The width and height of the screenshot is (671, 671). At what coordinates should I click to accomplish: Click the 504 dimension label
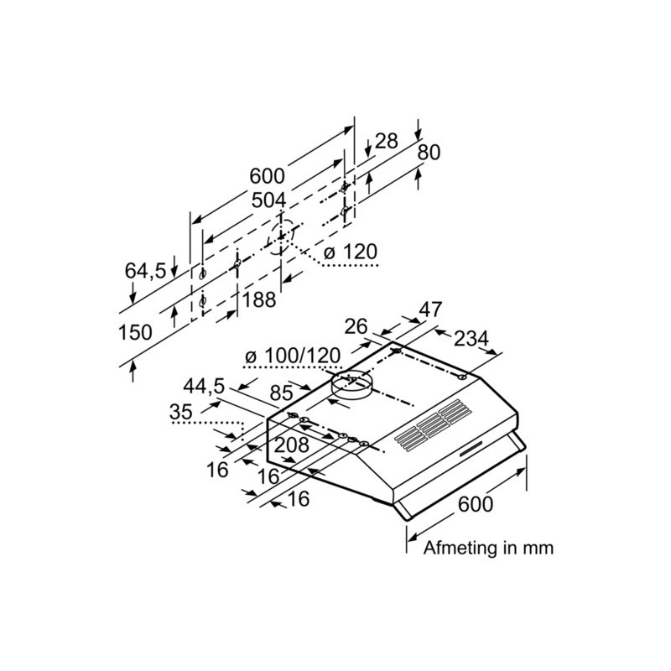point(268,200)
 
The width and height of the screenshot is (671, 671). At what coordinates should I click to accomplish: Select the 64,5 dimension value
point(145,271)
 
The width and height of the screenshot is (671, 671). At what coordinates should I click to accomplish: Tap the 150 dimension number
point(135,332)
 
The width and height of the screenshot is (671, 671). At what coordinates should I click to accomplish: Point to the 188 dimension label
point(259,299)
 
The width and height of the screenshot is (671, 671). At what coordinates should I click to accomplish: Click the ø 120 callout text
point(351,252)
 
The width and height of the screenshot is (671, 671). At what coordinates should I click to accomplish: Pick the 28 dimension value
point(387,141)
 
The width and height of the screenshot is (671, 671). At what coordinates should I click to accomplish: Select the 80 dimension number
point(429,153)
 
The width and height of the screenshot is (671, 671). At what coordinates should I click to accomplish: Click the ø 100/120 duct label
point(293,356)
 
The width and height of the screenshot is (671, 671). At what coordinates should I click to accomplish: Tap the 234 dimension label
point(471,339)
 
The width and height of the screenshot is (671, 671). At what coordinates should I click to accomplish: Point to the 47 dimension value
point(430,309)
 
